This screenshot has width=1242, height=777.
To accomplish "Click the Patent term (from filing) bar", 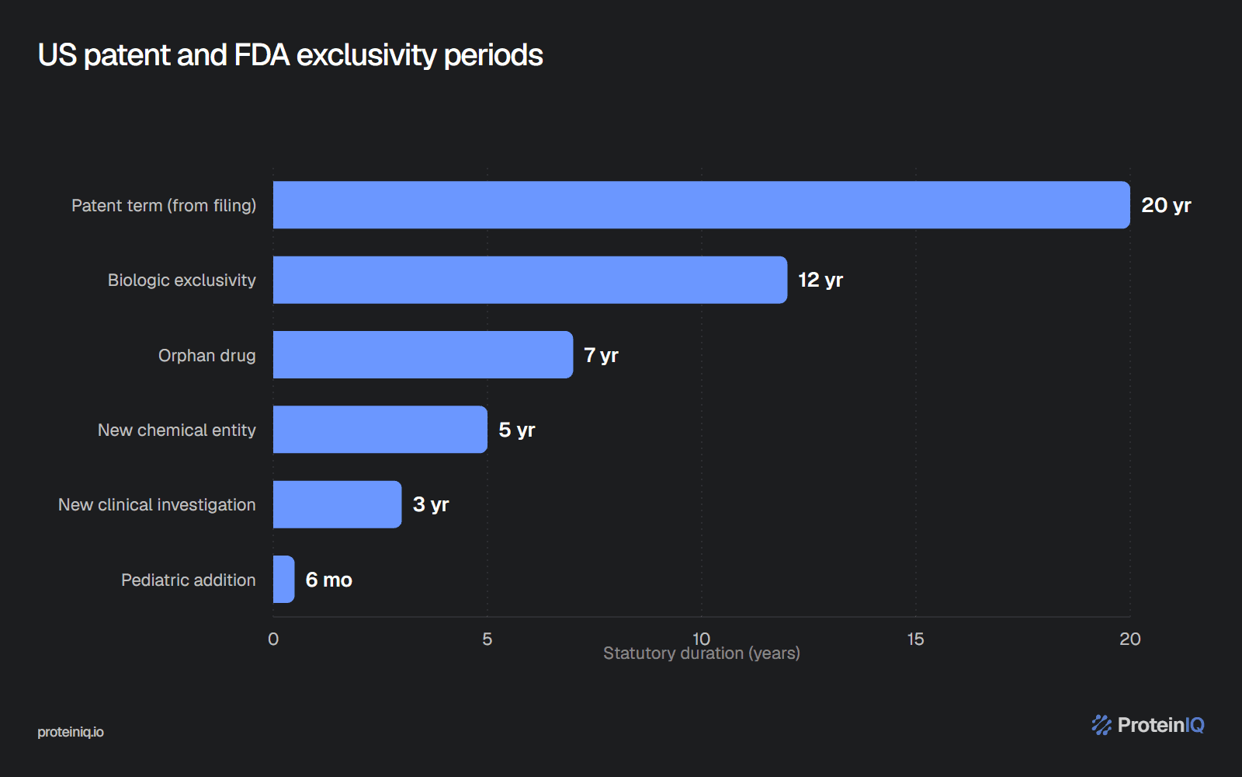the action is [x=702, y=205].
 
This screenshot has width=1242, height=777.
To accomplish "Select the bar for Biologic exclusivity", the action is [x=530, y=280].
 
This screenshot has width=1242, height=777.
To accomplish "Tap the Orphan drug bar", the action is [x=423, y=354].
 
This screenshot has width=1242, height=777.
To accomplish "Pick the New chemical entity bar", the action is [x=380, y=430].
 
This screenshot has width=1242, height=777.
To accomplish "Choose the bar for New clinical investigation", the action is [x=337, y=504].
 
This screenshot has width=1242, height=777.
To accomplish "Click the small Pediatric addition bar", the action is [x=284, y=580].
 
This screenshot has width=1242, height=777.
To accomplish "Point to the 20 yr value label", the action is [x=1166, y=205].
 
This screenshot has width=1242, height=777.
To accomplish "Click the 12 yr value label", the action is [x=820, y=280].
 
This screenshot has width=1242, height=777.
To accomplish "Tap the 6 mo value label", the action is [x=329, y=580].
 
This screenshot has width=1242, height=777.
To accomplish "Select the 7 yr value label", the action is [x=601, y=355].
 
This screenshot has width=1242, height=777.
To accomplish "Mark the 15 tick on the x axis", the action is [x=915, y=639].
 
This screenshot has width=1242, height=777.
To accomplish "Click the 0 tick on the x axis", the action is [x=273, y=639].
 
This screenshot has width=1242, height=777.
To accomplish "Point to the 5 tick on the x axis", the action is [x=487, y=639].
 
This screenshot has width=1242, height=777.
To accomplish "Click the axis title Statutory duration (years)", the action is [x=702, y=653].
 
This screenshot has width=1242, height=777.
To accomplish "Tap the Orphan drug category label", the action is [x=206, y=355].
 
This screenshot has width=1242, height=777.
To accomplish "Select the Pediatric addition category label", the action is [x=189, y=580].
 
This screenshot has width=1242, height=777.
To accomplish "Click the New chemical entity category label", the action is [x=177, y=430].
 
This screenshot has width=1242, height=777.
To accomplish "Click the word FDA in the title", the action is [x=262, y=55].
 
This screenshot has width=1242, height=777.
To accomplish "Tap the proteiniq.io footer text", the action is [x=71, y=732].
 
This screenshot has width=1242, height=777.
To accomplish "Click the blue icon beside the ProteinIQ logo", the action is [x=1101, y=725].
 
